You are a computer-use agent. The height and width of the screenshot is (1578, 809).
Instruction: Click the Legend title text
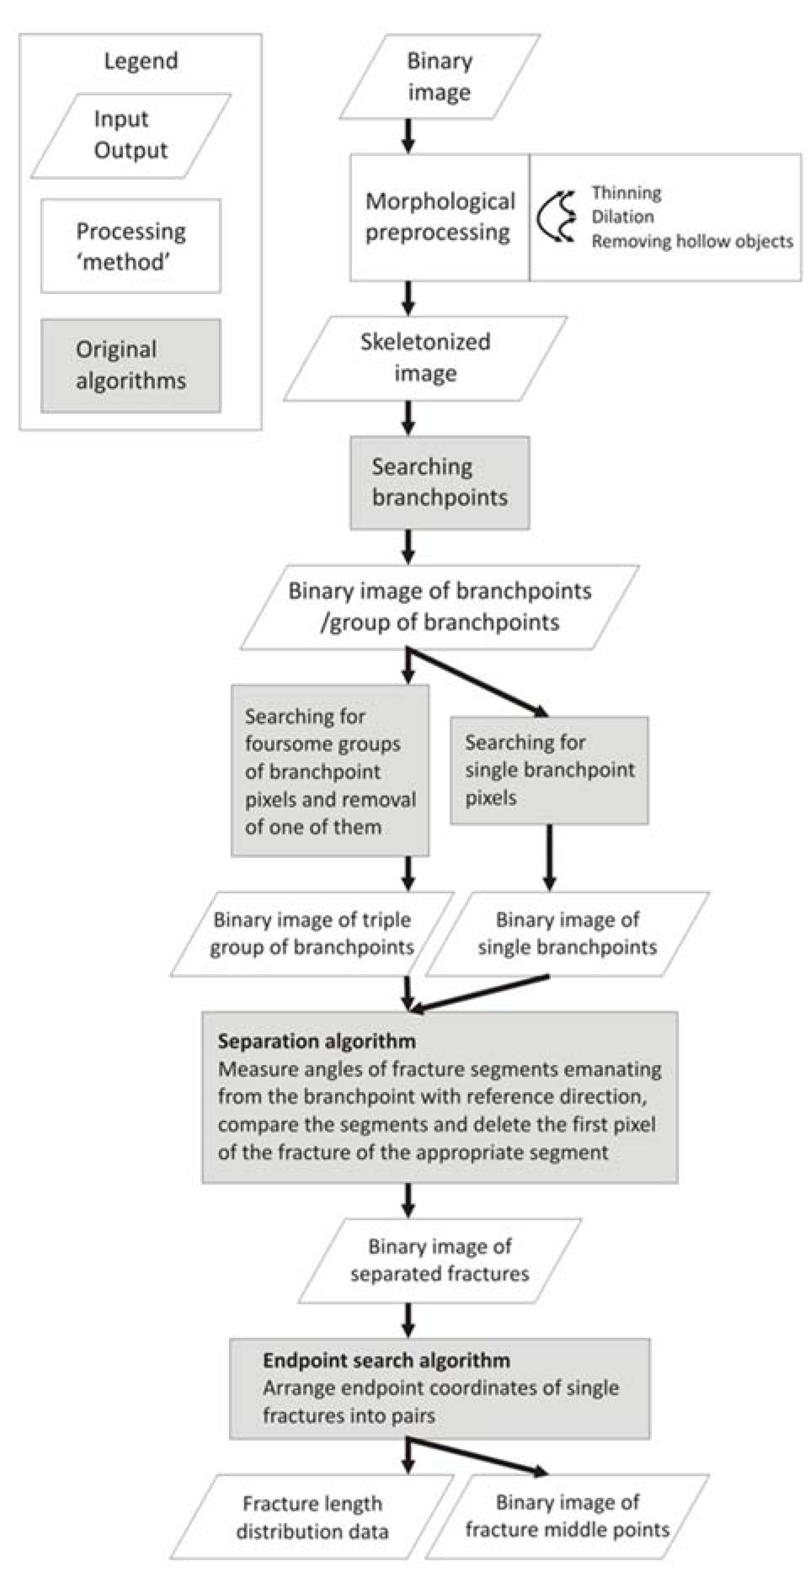141,61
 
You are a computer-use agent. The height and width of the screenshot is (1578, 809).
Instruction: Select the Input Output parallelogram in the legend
130,136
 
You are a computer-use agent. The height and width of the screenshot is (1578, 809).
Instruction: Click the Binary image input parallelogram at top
439,77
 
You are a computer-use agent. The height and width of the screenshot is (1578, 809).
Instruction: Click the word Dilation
622,217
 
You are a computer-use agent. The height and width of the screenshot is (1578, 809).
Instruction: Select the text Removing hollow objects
692,241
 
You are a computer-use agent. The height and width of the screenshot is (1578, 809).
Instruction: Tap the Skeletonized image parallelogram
425,358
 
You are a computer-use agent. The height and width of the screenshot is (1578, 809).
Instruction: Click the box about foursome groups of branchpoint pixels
330,771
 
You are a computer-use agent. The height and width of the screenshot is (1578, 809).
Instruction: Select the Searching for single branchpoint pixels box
549,770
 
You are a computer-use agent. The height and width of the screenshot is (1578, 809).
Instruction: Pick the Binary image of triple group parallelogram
312,934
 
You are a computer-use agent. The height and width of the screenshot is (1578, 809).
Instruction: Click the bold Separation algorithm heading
317,1041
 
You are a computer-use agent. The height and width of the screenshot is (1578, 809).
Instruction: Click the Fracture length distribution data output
312,1517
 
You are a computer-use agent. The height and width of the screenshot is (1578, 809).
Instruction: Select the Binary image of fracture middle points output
567,1516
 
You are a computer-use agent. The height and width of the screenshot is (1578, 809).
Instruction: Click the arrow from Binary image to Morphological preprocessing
408,136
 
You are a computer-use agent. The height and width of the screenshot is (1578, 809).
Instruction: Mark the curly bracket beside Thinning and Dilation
556,216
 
